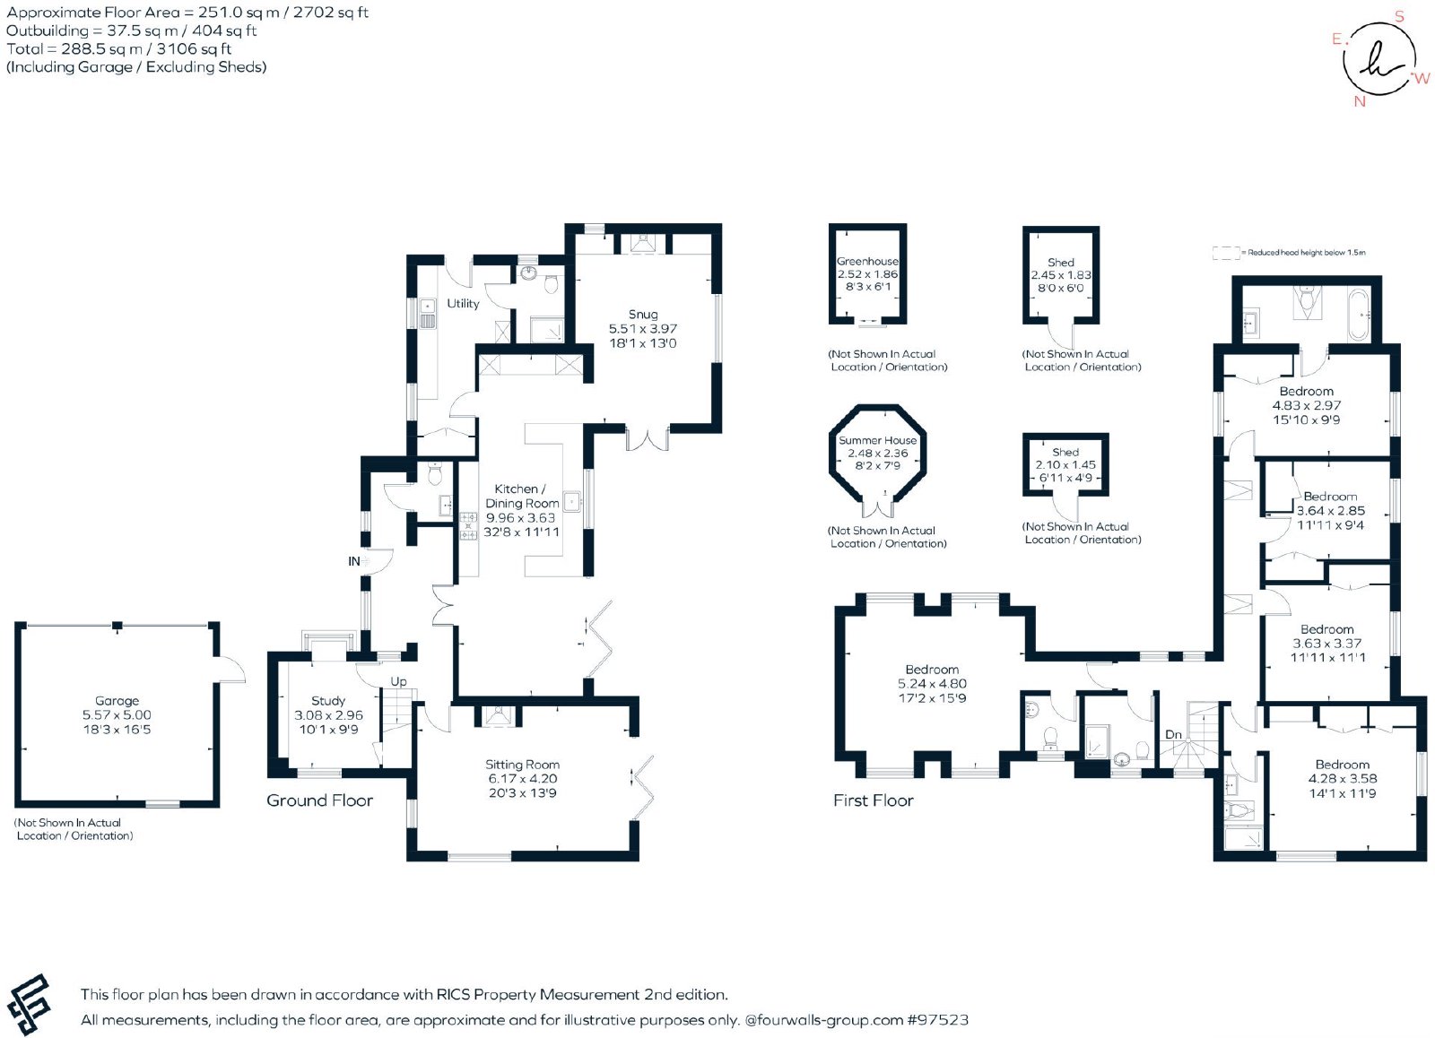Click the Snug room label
pos(642,315)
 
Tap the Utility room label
pos(463,304)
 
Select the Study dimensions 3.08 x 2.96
pos(328,715)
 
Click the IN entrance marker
pos(354,562)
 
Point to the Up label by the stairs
pos(398,681)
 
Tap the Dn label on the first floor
pos(1173,734)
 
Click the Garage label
pos(117,701)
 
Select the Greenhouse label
pos(867,261)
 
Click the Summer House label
pos(878,440)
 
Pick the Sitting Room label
pos(522,765)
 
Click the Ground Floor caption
pos(319,800)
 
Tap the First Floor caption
pos(874,800)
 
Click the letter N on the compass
pos(1360,101)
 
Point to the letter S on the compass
pos(1399,17)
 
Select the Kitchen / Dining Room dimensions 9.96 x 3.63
pos(520,518)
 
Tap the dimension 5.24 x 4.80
pos(932,684)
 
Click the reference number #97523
pos(938,1020)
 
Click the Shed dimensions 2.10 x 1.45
pos(1065,465)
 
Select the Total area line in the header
pos(118,48)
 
